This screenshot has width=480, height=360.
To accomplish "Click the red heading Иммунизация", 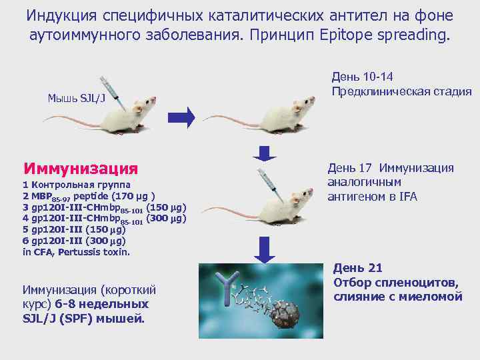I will click(80, 167).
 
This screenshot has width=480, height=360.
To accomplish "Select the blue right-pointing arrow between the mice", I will click(181, 117).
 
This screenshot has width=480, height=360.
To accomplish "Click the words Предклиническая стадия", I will click(401, 91).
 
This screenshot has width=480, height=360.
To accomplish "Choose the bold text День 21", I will click(358, 268).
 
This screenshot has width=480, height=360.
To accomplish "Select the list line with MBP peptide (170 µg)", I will click(89, 196).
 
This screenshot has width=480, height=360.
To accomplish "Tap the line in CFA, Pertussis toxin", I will click(76, 252).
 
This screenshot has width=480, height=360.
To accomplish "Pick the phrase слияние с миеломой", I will click(398, 297).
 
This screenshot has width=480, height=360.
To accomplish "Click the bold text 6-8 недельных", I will click(112, 304).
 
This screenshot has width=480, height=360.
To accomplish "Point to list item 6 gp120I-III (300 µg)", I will click(74, 241).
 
